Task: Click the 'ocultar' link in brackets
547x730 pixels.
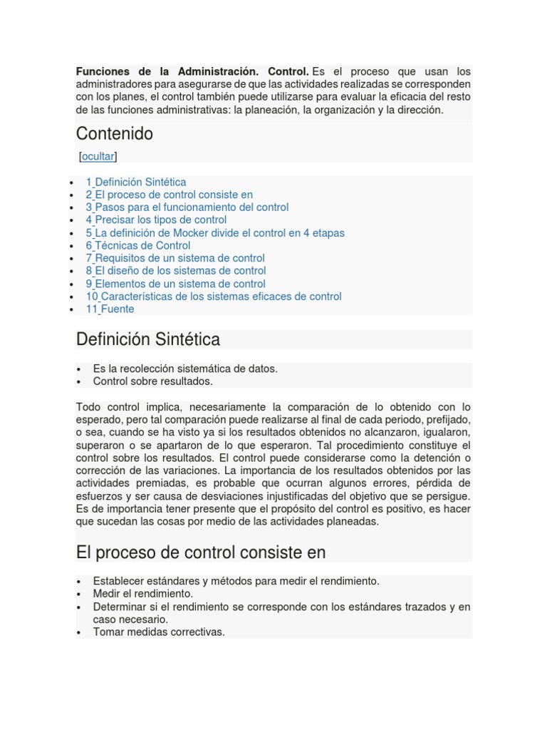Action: pos(98,156)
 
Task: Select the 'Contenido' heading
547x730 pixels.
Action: pos(114,134)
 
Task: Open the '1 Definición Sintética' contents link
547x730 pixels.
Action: pos(136,182)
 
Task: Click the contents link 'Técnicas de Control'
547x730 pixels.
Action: pos(142,245)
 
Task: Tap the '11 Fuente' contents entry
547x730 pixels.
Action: pos(110,309)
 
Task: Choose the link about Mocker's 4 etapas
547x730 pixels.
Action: pos(215,232)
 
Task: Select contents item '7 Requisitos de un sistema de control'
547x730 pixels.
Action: pos(175,258)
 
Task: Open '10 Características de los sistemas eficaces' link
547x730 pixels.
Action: pos(214,296)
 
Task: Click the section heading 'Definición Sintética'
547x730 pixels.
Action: pos(148,340)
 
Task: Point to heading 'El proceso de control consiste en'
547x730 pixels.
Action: pos(200,552)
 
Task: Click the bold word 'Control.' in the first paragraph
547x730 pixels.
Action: pos(288,72)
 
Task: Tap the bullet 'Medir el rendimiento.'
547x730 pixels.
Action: pos(143,593)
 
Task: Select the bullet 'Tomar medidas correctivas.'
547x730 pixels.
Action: pos(159,632)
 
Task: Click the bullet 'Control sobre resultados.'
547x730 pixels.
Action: pos(152,381)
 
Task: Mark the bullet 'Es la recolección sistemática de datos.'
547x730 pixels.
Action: pos(185,369)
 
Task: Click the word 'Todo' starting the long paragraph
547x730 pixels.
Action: pos(88,407)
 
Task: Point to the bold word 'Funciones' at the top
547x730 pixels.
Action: pos(103,72)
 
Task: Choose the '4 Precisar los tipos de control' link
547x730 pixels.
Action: pos(156,220)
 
